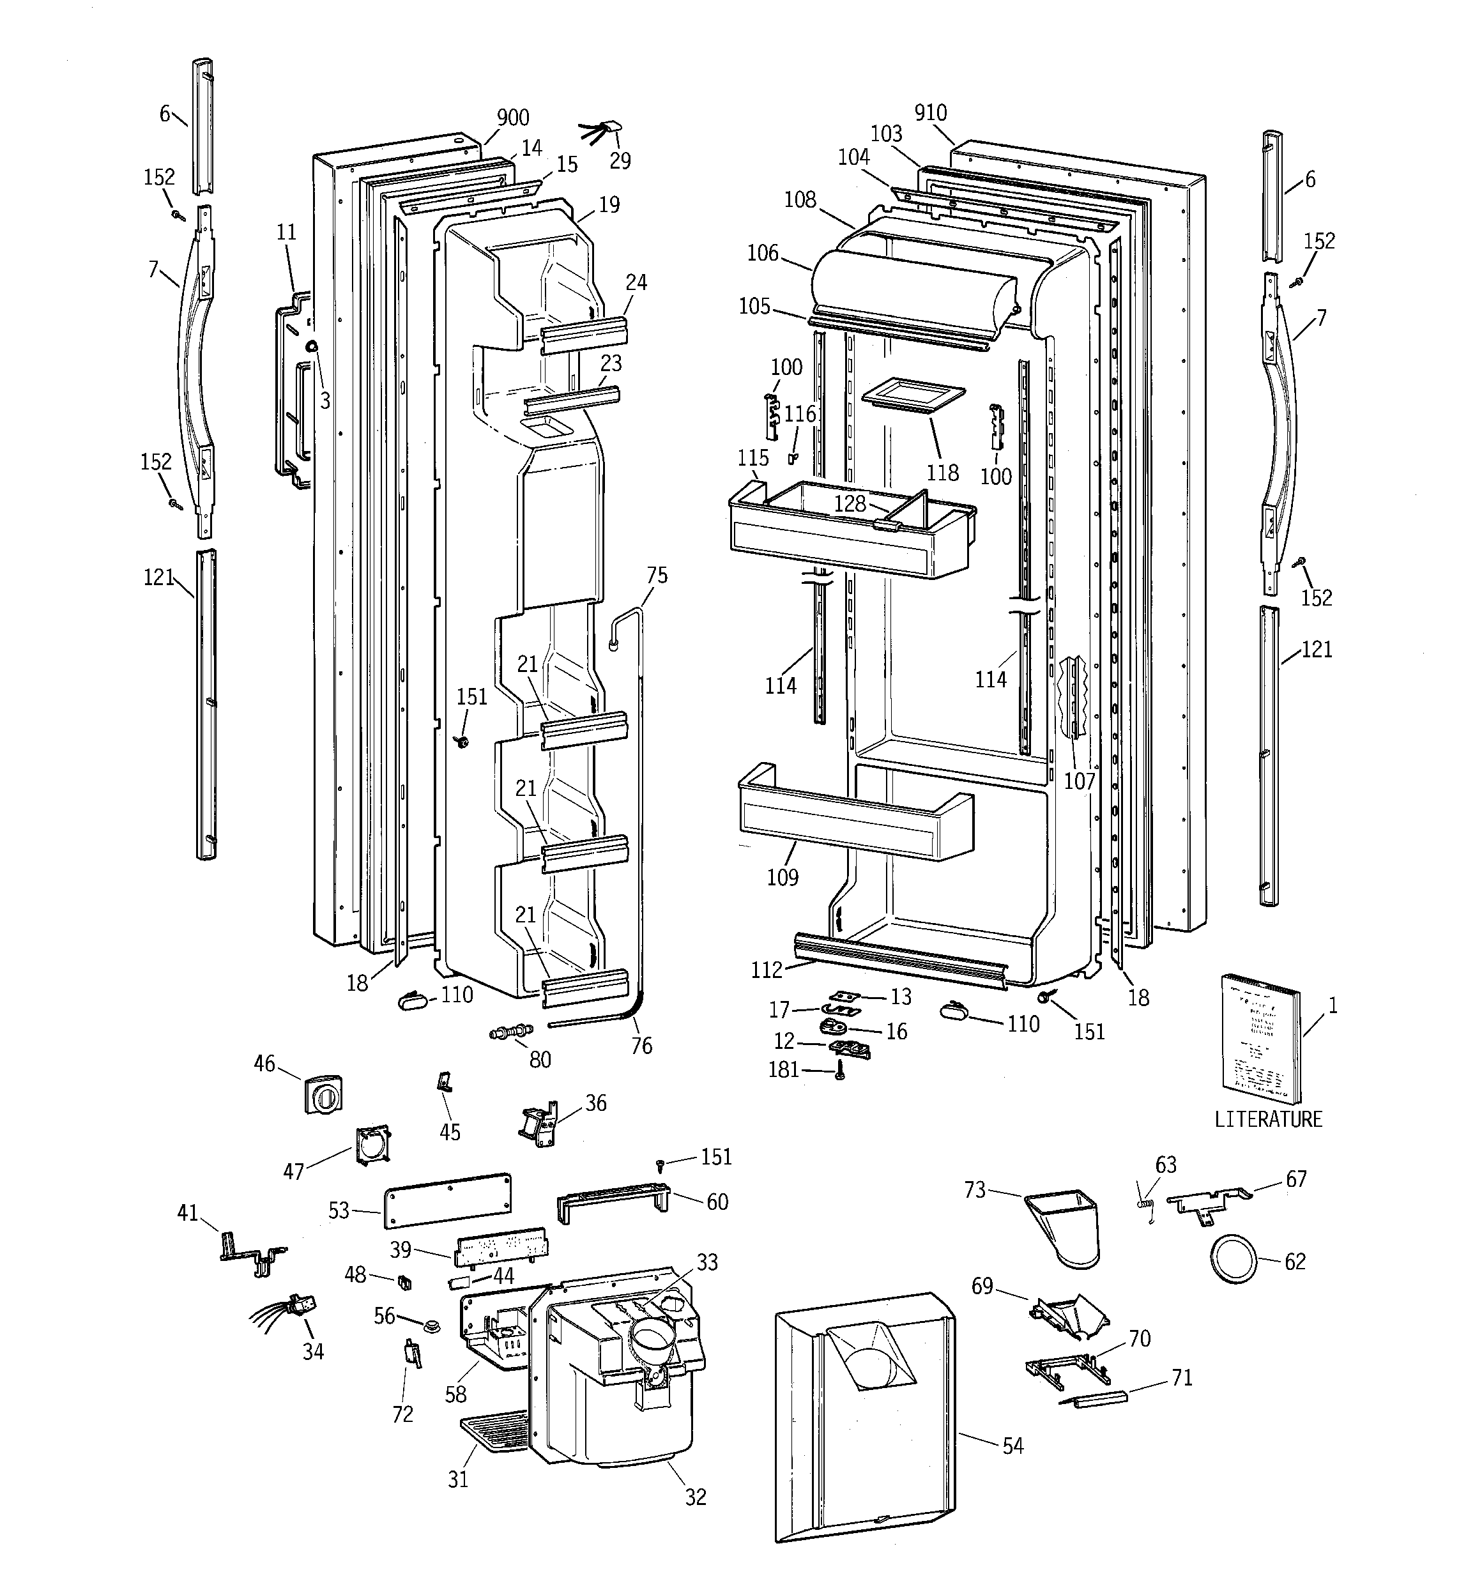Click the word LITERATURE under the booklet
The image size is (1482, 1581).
pos(1268,1120)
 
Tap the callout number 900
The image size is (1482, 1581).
pos(513,118)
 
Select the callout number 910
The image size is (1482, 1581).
pos(930,113)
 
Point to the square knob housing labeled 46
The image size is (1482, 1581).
pos(323,1095)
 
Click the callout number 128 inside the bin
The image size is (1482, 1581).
pos(850,503)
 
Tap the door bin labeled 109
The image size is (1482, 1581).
pos(851,819)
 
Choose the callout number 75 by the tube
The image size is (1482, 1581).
pos(657,575)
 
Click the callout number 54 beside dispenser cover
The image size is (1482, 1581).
pos(1012,1446)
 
